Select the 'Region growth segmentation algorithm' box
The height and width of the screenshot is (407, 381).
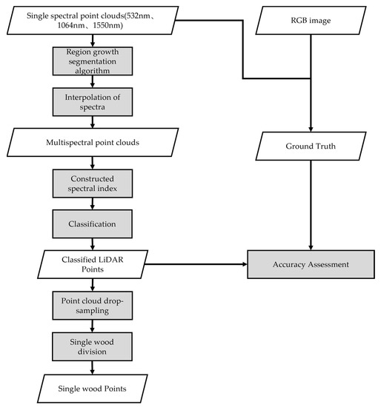pos(92,62)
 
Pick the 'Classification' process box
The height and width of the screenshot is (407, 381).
pos(92,221)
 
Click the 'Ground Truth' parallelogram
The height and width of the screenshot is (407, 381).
pos(311,147)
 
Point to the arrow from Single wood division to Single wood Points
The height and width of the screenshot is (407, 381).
pos(92,367)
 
